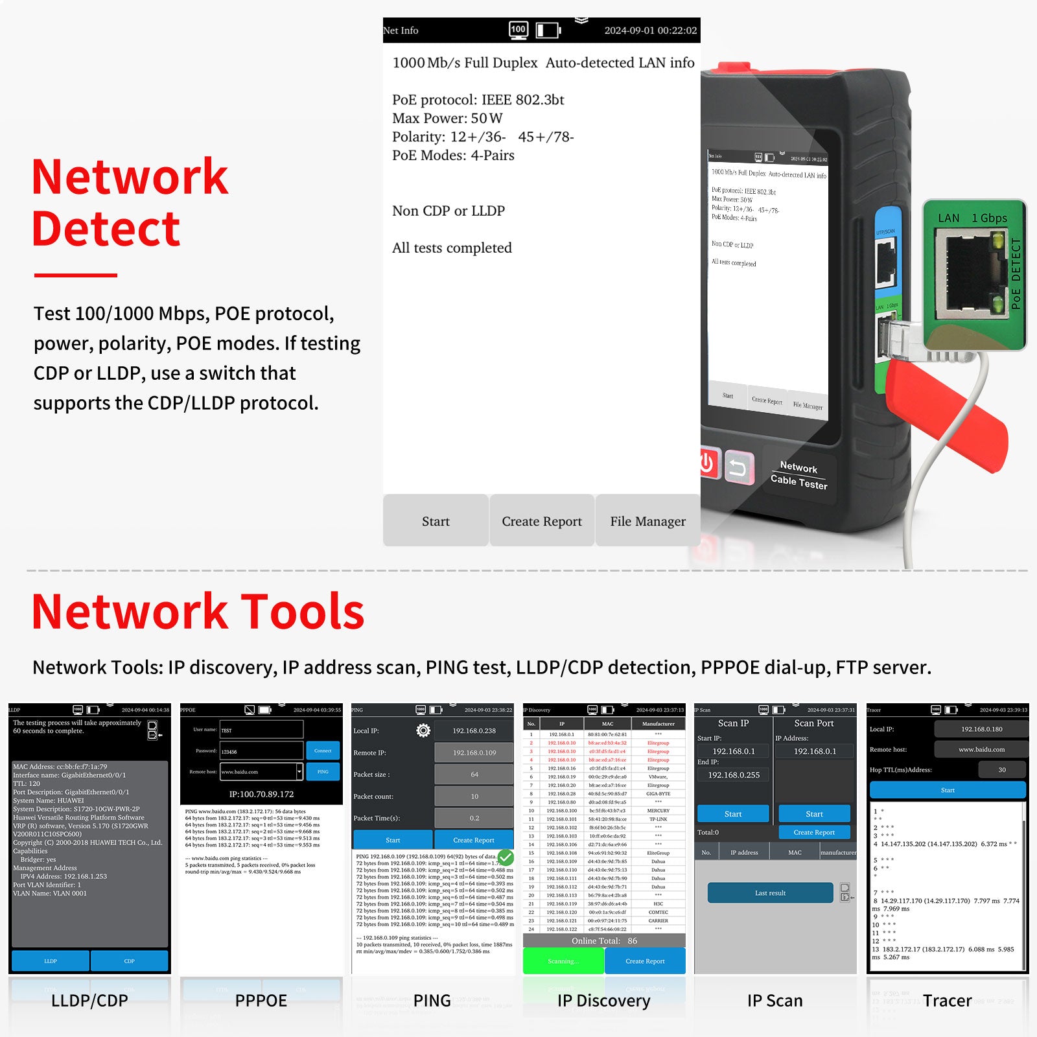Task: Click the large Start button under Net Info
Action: pos(436,521)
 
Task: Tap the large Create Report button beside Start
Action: pos(542,521)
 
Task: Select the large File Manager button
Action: pos(647,521)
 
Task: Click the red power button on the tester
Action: pos(708,463)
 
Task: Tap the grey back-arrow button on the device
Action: pos(738,467)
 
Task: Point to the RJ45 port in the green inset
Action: pos(970,275)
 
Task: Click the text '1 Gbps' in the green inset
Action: pos(989,218)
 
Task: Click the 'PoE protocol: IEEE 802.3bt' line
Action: pos(478,100)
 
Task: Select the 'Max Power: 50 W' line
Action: pos(447,119)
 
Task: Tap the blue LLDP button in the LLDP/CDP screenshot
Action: pos(51,961)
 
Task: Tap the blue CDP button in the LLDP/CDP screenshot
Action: pos(130,961)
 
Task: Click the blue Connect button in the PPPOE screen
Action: pos(323,751)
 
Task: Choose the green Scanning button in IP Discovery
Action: pos(563,961)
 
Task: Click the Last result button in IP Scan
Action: pos(770,892)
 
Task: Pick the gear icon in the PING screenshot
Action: pos(423,730)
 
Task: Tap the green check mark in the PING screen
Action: pos(506,857)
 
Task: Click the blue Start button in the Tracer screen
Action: pos(948,790)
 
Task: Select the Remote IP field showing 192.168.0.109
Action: pos(474,752)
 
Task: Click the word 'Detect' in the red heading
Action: pos(106,229)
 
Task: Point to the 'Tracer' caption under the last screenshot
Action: pos(947,1001)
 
